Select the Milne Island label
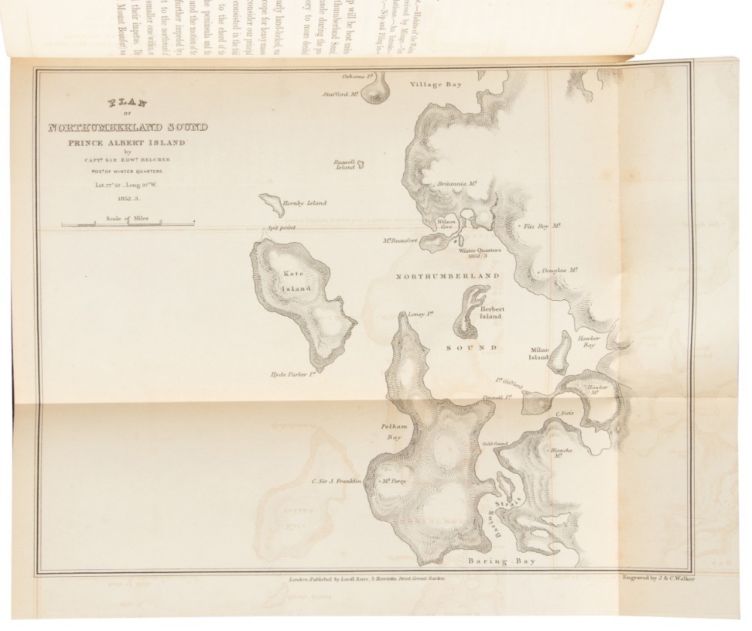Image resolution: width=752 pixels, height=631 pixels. click(538, 353)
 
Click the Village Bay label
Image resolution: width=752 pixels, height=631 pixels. click(435, 84)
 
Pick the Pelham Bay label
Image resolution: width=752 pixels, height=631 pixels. click(395, 431)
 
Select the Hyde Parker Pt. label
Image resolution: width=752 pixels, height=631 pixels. click(292, 373)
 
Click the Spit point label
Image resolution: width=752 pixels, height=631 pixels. click(280, 227)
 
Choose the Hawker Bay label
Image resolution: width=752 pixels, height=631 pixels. click(587, 341)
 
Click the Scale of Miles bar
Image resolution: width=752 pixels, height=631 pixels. click(128, 223)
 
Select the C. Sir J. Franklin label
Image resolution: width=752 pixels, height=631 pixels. click(337, 481)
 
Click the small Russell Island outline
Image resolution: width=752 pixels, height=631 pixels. click(360, 164)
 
